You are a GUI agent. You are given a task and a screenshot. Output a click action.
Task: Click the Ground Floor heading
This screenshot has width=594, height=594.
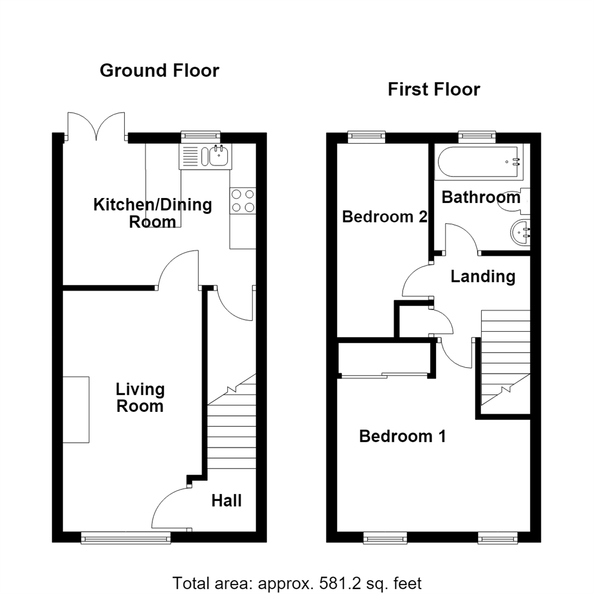[159, 71]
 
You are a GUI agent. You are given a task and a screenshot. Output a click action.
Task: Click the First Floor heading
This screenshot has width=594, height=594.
[434, 90]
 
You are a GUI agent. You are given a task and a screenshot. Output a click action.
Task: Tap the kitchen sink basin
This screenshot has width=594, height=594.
[218, 156]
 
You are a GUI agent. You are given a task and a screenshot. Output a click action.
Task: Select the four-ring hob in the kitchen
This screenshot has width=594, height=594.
[243, 201]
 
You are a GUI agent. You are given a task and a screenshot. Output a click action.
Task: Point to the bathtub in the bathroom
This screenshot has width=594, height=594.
[478, 162]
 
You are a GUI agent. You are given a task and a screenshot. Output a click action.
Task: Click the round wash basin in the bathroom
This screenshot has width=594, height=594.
[520, 233]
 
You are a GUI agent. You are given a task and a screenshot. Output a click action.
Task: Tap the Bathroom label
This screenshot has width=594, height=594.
[481, 197]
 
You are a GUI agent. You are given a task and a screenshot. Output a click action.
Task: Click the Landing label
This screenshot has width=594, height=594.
[483, 277]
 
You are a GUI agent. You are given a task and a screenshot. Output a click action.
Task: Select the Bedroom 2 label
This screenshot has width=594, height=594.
[385, 217]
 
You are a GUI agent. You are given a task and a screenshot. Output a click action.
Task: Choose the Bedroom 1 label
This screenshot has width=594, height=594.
[402, 436]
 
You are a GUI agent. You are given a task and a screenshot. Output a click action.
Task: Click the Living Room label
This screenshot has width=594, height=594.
[140, 398]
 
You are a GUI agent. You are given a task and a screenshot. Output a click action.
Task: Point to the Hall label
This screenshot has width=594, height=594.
[227, 501]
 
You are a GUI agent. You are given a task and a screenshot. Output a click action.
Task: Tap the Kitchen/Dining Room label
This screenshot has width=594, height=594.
[153, 213]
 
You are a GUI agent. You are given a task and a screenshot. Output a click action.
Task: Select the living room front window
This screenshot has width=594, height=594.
[126, 537]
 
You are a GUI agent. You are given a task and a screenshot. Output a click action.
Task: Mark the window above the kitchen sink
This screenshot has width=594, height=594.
[200, 136]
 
